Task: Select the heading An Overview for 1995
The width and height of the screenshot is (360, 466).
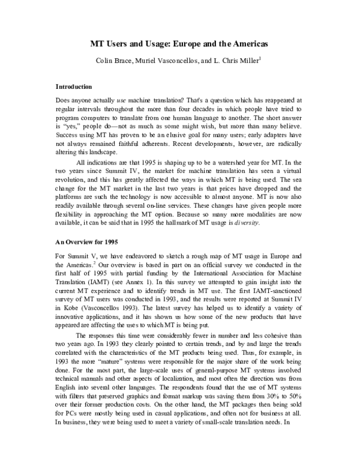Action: pos(88,243)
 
